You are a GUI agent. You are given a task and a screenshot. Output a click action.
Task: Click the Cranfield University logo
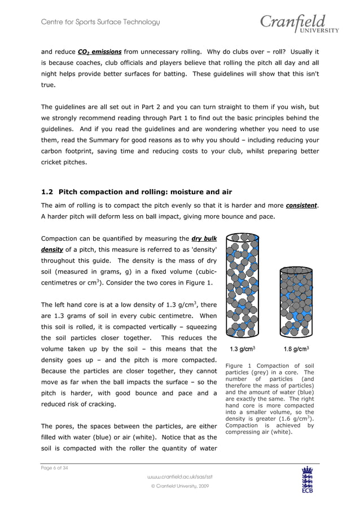point(299,24)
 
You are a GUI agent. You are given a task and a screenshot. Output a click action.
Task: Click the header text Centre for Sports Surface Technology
point(100,22)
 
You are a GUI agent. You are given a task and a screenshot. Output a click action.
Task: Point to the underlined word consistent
point(302,206)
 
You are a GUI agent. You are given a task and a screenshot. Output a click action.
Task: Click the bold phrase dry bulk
point(204,238)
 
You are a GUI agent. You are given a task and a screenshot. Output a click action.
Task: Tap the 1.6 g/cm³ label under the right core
point(296,348)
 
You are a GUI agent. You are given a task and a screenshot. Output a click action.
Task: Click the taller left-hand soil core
point(242,285)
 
